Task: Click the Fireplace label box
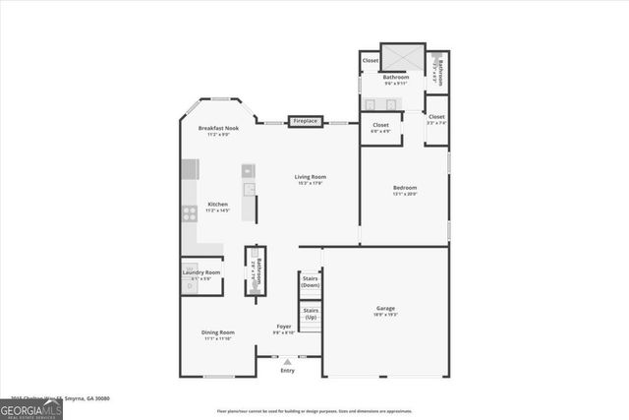pyautogui.click(x=306, y=121)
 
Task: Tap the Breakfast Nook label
pyautogui.click(x=218, y=128)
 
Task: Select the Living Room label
pyautogui.click(x=310, y=177)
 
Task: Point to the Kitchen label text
pyautogui.click(x=217, y=205)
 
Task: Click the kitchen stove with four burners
pyautogui.click(x=189, y=212)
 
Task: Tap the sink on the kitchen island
pyautogui.click(x=249, y=189)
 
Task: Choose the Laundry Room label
pyautogui.click(x=200, y=272)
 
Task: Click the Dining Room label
pyautogui.click(x=218, y=332)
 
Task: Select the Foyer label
pyautogui.click(x=283, y=327)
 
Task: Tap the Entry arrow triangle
pyautogui.click(x=287, y=362)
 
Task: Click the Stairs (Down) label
pyautogui.click(x=310, y=282)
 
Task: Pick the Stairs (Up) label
pyautogui.click(x=310, y=315)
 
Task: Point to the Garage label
pyautogui.click(x=385, y=309)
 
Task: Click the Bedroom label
pyautogui.click(x=405, y=188)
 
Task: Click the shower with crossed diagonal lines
pyautogui.click(x=402, y=58)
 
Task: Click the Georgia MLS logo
pyautogui.click(x=31, y=408)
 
